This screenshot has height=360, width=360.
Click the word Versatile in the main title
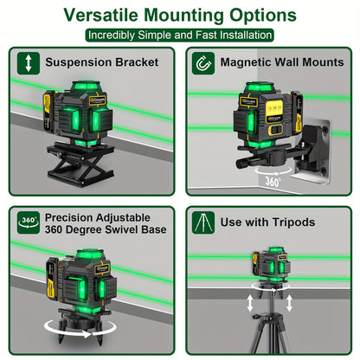point(100,15)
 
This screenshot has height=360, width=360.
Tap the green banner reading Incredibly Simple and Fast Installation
point(179,35)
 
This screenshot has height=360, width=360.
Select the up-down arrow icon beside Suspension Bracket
point(29,63)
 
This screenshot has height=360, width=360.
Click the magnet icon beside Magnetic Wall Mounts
point(203,63)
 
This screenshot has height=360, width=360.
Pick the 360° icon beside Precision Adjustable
point(29,222)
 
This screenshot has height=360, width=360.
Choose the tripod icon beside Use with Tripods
point(203,222)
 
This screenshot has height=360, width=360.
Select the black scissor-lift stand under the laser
point(80,163)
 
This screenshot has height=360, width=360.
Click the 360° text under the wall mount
point(273,182)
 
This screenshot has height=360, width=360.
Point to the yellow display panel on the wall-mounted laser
point(273,108)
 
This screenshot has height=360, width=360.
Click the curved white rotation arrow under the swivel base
point(80,329)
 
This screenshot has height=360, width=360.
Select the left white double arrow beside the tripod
point(250,303)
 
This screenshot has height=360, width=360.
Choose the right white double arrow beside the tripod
point(289,303)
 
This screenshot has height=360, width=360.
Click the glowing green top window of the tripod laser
point(276,249)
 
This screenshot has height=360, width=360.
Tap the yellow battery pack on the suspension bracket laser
point(48,111)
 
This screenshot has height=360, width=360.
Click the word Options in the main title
point(263,15)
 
